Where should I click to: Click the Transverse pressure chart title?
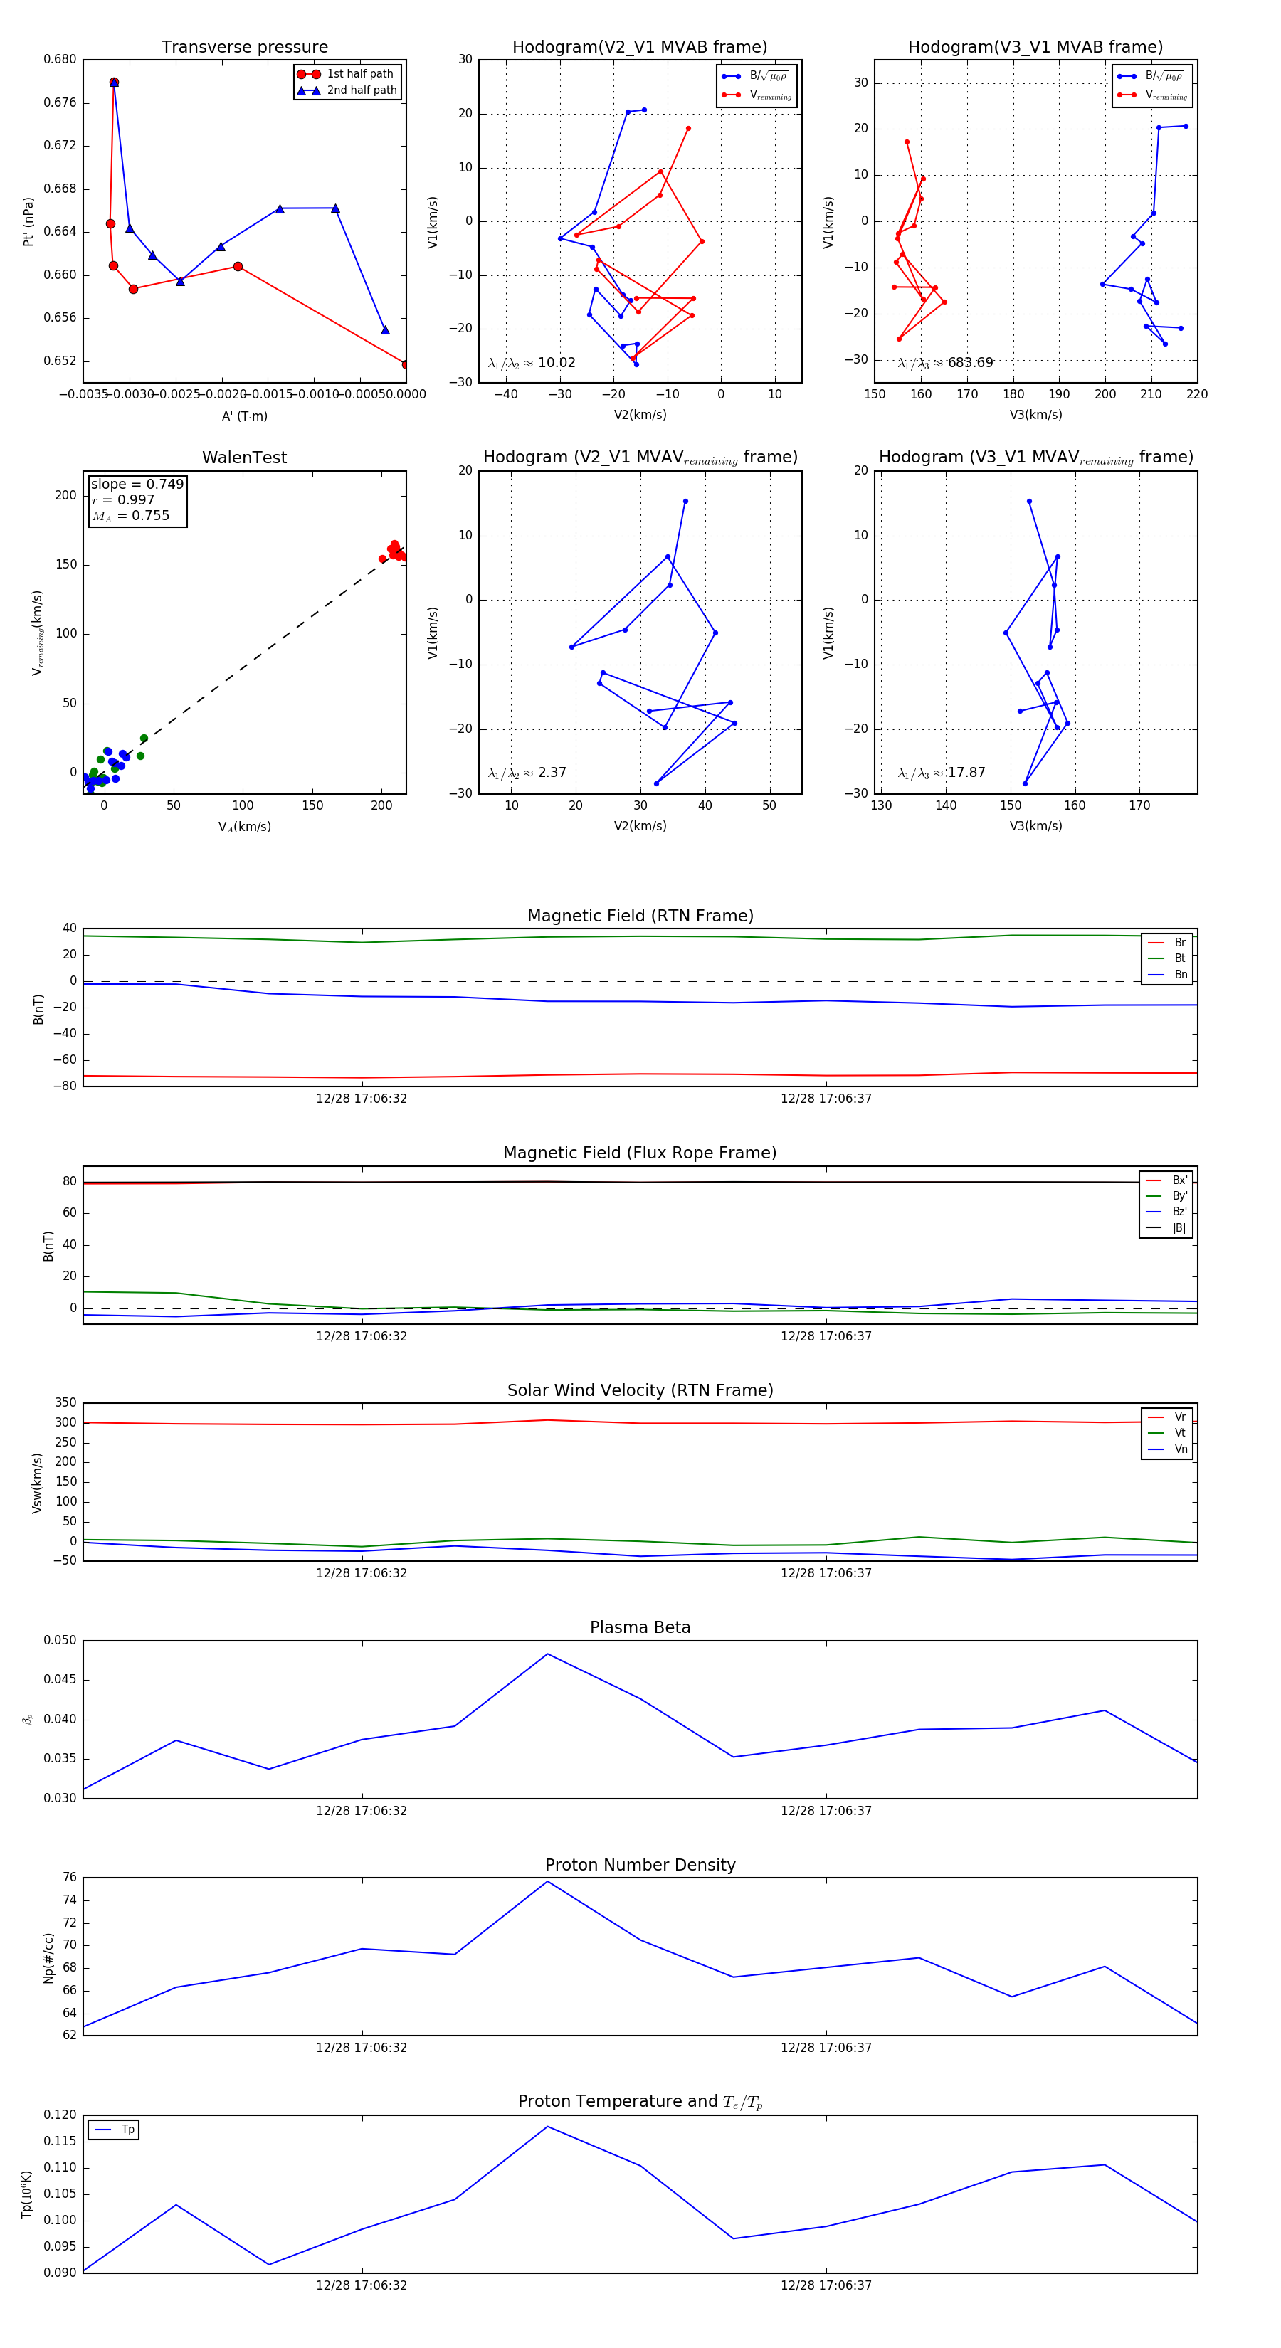click(x=244, y=48)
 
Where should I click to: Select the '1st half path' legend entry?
click(x=359, y=74)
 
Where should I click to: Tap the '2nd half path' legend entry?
click(x=361, y=90)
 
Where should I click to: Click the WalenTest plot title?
click(x=244, y=458)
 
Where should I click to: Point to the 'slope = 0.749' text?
click(x=137, y=484)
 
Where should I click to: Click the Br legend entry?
click(x=1179, y=943)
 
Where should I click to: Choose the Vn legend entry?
click(x=1180, y=1449)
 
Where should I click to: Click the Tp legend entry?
click(x=127, y=2130)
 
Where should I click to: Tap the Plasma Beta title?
click(x=640, y=1627)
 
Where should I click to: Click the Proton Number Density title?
click(x=640, y=1865)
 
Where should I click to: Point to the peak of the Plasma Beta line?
click(x=547, y=1654)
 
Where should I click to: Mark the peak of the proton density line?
click(x=547, y=1881)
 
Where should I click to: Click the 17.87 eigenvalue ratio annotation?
click(x=966, y=773)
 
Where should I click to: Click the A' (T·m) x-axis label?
click(x=244, y=416)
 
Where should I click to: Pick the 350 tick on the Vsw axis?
click(x=65, y=1403)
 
